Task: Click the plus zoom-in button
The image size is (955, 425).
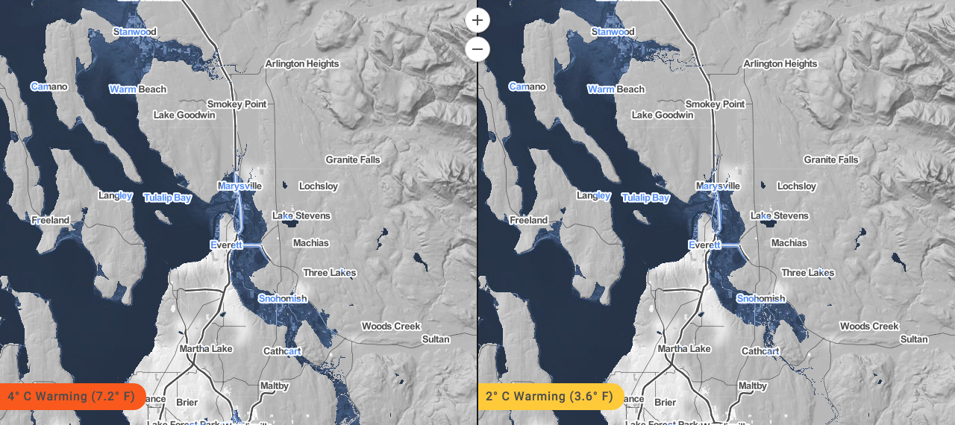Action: pos(477,20)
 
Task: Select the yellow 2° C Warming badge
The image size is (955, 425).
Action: pos(549,396)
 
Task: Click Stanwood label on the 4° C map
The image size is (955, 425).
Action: pos(135,32)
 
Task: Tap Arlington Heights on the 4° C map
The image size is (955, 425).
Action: pos(302,64)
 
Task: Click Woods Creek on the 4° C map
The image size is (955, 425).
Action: pos(391,326)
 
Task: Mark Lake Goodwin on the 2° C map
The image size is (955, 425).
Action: pos(663,115)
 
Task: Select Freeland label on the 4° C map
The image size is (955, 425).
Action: pos(50,220)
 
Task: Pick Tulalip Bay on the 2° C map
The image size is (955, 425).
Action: pos(645,198)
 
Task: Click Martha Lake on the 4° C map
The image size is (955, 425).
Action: pos(206,348)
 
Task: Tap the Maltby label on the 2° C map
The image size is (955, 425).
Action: pos(751,386)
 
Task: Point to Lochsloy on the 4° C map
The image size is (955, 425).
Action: pos(318,186)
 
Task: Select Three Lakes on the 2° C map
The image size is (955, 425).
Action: pos(808,273)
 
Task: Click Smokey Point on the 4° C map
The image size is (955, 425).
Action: pos(237,104)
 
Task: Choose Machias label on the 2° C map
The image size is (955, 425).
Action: pos(789,243)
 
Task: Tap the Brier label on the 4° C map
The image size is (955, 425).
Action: pos(187,402)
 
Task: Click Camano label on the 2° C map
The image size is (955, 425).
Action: pos(527,86)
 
